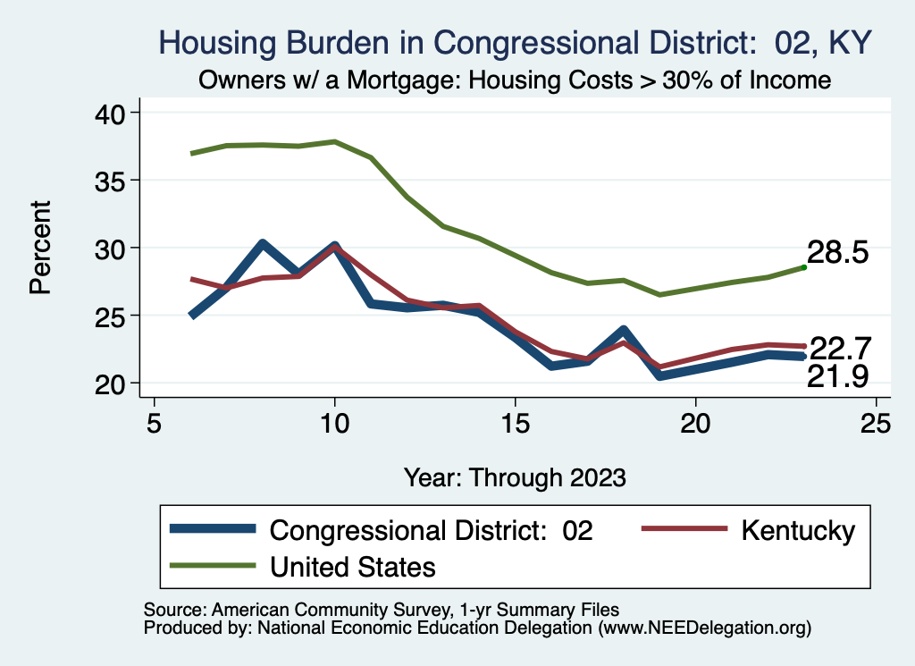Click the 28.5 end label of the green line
tap(837, 253)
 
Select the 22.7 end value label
tap(839, 348)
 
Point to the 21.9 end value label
tap(837, 377)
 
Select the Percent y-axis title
tap(40, 248)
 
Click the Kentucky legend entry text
tap(797, 530)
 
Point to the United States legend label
tap(353, 566)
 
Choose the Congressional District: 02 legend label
tap(432, 530)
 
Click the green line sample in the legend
tap(213, 566)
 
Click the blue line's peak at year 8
tap(263, 243)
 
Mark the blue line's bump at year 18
tap(624, 330)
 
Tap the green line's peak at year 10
tap(335, 141)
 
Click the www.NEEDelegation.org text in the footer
tap(705, 628)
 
